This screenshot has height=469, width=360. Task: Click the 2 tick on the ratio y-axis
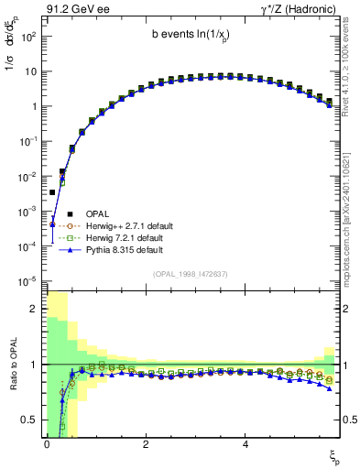click(x=33, y=309)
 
